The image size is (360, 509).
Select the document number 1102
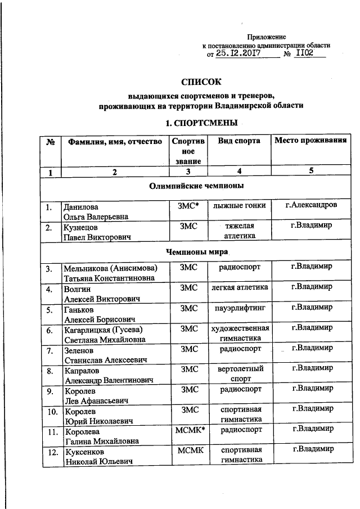tap(306, 55)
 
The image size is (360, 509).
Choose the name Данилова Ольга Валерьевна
tap(96, 211)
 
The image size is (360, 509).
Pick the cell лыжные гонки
tap(239, 206)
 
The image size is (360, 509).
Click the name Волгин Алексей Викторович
tap(101, 292)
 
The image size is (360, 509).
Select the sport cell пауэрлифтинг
tap(239, 309)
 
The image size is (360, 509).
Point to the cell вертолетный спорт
tap(239, 374)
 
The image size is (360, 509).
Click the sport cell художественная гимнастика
tap(239, 334)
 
